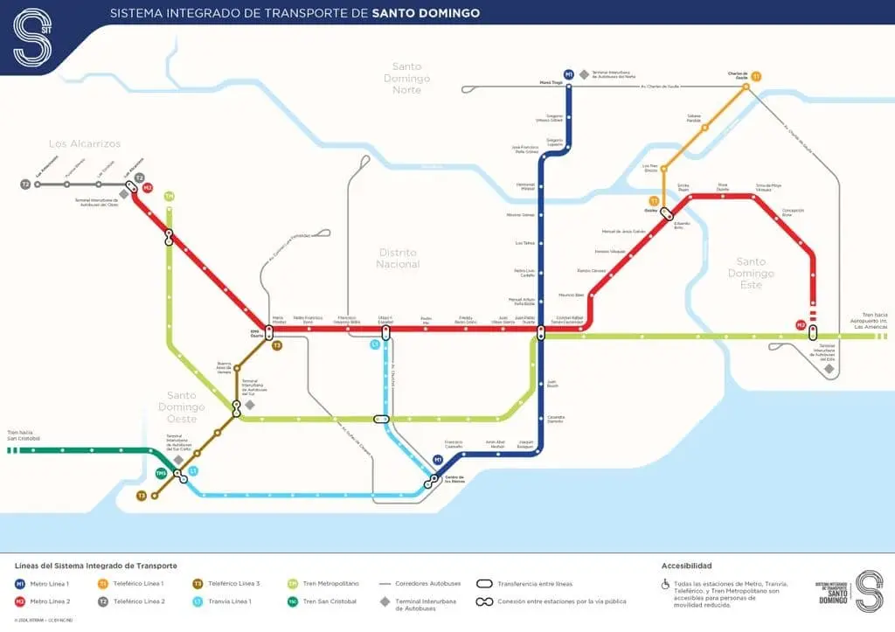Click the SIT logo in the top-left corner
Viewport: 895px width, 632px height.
32,36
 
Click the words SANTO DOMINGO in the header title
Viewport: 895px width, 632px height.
426,13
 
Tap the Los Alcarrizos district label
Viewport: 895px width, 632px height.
85,143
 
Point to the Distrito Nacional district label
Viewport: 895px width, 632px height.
398,258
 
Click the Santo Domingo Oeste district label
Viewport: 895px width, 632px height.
182,406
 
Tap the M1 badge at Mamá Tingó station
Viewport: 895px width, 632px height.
569,74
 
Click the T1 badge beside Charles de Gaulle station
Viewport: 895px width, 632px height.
756,77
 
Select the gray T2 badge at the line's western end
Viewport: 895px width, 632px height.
26,184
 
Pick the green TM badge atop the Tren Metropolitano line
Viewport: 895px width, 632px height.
169,196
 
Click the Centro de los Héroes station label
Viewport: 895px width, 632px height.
453,480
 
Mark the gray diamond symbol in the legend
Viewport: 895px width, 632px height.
385,601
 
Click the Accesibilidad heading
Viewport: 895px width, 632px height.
687,566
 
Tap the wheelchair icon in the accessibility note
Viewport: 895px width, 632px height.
665,584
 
